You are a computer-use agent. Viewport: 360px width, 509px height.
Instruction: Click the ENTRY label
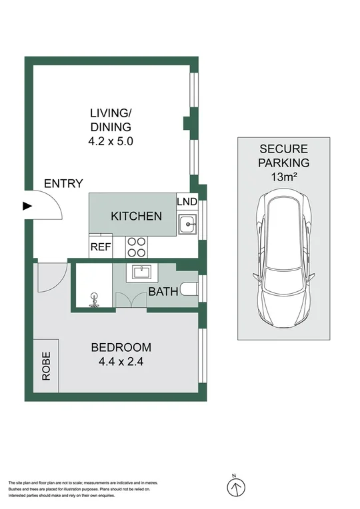point(63,184)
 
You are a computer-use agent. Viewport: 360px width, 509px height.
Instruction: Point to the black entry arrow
point(27,206)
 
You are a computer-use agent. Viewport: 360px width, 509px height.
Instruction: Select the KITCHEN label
point(136,216)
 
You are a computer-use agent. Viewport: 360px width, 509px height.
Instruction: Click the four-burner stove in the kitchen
point(137,247)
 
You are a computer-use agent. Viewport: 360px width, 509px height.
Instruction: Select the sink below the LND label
point(187,225)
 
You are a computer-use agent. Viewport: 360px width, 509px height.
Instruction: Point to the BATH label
point(162,292)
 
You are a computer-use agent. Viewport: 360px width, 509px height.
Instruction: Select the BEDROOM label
point(121,347)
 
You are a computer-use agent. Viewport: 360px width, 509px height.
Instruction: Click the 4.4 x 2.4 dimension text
point(121,363)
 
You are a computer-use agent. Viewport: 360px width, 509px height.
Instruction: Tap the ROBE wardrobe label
point(46,366)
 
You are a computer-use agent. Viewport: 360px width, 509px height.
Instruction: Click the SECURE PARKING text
point(284,155)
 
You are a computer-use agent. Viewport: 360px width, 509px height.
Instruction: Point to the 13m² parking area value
point(284,177)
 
